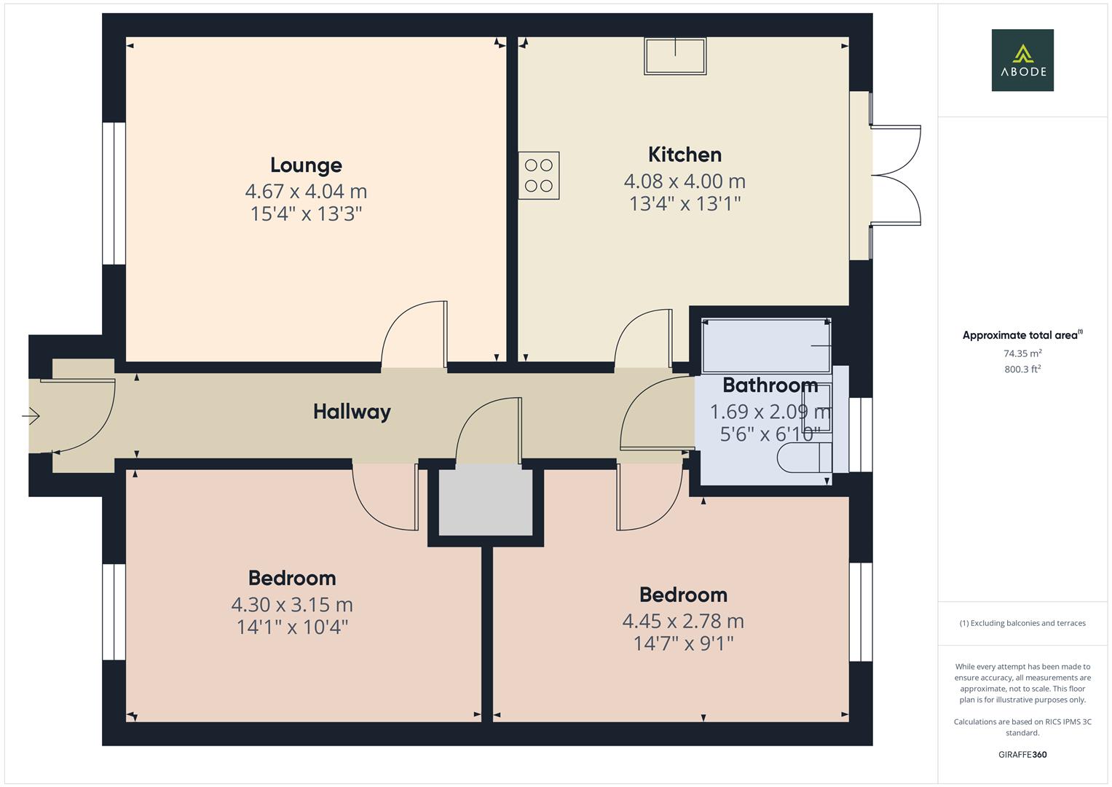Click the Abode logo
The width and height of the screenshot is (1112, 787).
(x=1022, y=60)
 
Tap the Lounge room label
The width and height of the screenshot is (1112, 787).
(x=306, y=165)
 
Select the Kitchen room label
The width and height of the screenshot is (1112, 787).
(x=685, y=154)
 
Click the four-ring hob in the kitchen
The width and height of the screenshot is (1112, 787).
(x=539, y=176)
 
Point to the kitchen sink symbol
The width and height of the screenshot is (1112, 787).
(x=675, y=56)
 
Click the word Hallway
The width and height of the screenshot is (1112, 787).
(x=352, y=412)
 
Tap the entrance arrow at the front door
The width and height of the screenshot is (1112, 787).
(x=31, y=415)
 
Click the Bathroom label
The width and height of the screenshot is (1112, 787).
(x=770, y=385)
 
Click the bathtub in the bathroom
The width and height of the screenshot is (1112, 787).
(x=767, y=345)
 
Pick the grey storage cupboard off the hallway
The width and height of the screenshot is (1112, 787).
(x=486, y=500)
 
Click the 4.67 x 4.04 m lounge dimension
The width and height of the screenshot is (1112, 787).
(x=306, y=191)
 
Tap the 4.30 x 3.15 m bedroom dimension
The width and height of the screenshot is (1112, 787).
(x=292, y=605)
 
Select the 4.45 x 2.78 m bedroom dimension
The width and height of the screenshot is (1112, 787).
(x=683, y=621)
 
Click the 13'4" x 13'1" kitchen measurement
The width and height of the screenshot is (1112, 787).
(x=685, y=204)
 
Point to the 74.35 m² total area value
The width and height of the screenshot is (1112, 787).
(x=1022, y=353)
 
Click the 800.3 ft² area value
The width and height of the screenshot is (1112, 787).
(x=1022, y=369)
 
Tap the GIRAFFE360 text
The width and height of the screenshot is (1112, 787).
(x=1022, y=754)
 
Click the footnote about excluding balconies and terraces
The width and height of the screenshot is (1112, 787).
(x=1022, y=623)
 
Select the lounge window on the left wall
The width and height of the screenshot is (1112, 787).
(x=114, y=193)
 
